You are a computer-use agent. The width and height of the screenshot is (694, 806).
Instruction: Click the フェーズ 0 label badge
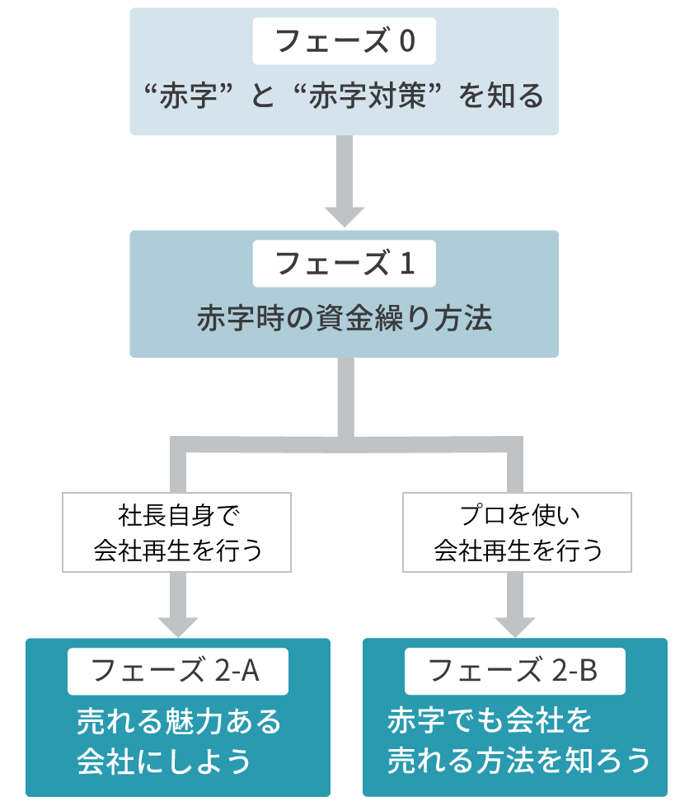[344, 41]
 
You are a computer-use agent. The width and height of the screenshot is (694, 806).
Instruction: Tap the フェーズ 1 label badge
[344, 264]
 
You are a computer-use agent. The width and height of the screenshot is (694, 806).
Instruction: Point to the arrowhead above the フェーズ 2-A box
[177, 625]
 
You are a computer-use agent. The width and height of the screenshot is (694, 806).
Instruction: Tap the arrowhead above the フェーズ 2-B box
[515, 625]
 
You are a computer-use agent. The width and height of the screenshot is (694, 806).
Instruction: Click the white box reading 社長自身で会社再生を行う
[177, 532]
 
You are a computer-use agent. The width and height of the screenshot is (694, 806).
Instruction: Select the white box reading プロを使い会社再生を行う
[517, 532]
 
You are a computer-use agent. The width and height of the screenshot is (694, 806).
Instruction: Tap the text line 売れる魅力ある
[179, 722]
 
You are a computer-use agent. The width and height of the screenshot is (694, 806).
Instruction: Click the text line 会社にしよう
[164, 761]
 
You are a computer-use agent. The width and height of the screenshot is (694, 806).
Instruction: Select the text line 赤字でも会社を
[490, 722]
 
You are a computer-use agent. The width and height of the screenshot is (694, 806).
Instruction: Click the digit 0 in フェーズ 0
[406, 41]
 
